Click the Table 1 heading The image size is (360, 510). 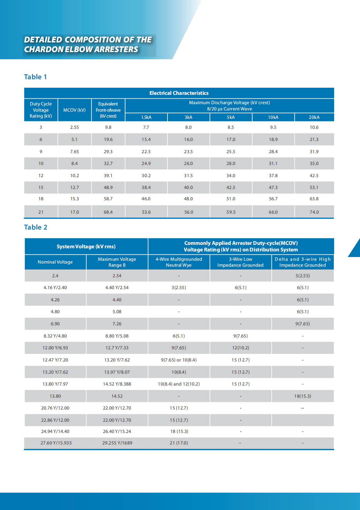(35, 77)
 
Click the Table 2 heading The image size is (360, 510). (36, 227)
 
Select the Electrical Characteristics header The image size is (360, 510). (179, 93)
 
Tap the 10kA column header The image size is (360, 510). (273, 117)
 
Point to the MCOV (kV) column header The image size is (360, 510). (74, 110)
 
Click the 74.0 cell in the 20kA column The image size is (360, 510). (314, 212)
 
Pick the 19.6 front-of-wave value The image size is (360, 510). (108, 139)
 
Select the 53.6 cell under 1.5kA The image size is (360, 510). (146, 212)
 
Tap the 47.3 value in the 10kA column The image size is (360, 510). (273, 187)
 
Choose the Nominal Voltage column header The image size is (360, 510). (55, 262)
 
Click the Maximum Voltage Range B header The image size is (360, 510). (117, 262)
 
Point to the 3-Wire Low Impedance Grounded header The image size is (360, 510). (240, 262)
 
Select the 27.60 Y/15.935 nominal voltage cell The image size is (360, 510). (56, 443)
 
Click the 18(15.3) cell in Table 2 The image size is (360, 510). (303, 396)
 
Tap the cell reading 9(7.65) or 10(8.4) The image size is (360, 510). (179, 360)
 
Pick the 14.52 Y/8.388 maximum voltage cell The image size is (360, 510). (117, 384)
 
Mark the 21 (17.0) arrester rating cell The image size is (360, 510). (179, 443)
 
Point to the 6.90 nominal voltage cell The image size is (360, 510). (55, 324)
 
